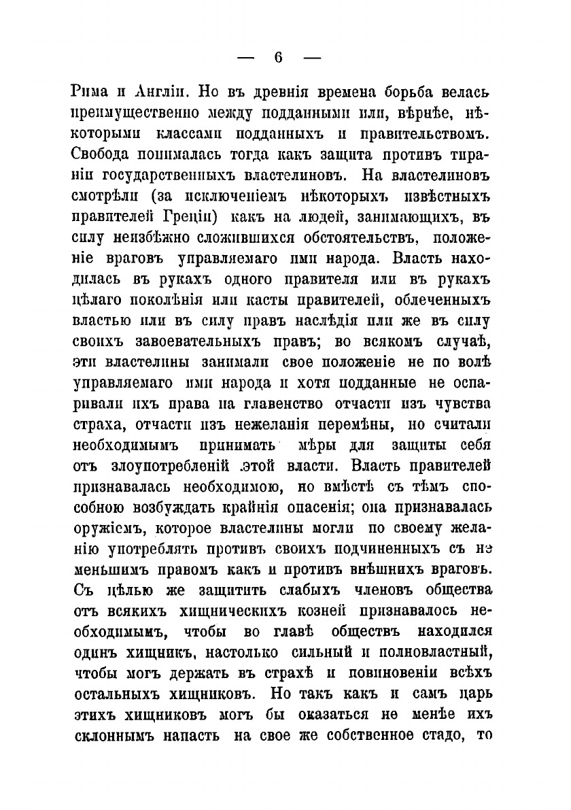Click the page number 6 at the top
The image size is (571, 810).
coord(278,58)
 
